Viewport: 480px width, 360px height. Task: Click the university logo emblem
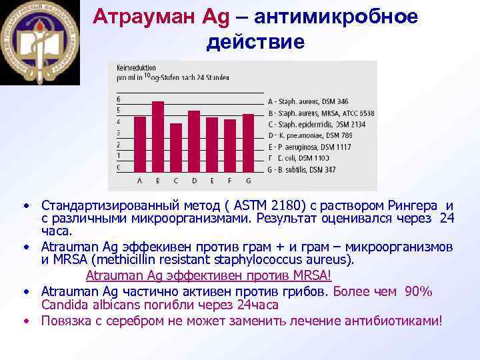point(39,42)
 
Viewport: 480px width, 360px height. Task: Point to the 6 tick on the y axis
point(119,99)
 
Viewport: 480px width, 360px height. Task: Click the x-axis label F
point(230,181)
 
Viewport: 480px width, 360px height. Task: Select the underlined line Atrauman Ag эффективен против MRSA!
point(209,275)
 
